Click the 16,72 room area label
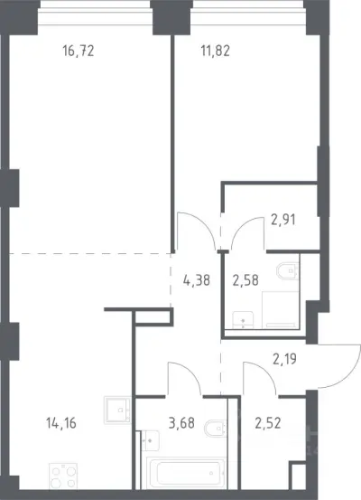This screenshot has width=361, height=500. [79, 51]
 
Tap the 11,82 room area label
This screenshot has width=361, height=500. [215, 51]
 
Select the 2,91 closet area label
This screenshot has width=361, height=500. [283, 220]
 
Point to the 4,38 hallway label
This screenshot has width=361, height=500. [197, 280]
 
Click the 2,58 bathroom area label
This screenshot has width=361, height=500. [245, 280]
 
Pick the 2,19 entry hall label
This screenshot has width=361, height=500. [284, 359]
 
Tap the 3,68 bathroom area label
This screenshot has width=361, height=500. [181, 423]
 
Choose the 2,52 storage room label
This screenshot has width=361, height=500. [268, 423]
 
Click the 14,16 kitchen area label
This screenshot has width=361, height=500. [61, 423]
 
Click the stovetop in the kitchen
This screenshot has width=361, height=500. [63, 476]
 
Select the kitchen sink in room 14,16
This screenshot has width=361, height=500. [117, 410]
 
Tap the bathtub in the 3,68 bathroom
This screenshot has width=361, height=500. [187, 473]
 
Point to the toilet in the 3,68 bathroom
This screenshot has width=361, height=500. [216, 429]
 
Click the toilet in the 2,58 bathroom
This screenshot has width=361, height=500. [288, 270]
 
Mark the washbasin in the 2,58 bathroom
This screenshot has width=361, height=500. [243, 320]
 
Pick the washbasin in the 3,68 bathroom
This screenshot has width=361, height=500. [150, 440]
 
